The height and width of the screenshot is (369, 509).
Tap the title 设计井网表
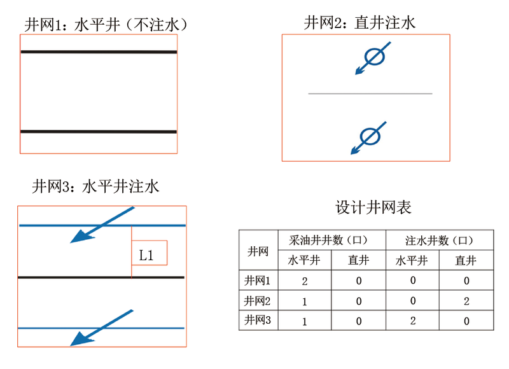pos(373,207)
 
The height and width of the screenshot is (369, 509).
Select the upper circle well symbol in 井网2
pos(374,57)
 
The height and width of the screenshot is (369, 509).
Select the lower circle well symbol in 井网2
pos(370,136)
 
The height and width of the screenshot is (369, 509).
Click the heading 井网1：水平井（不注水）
pos(106,25)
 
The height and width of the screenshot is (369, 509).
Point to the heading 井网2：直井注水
pos(359,23)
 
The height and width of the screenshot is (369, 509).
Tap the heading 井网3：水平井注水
pos(96,186)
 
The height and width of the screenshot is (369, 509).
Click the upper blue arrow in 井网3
pos(102,225)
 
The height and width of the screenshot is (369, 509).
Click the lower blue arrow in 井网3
pos(102,328)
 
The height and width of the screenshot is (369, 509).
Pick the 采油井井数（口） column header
pos(328,240)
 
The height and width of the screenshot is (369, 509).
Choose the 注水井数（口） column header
pos(439,240)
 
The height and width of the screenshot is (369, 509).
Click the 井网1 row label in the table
pos(258,281)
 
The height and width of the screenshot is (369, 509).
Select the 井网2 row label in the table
pos(258,301)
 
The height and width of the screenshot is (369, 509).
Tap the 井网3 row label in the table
pos(258,320)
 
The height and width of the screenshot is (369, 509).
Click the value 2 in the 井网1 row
pos(305,281)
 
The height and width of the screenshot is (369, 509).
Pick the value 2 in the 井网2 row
pos(466,301)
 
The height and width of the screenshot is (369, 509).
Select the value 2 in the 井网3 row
pos(413,321)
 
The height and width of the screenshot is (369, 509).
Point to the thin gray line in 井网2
pos(370,94)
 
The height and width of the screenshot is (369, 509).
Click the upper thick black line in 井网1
pos(99,52)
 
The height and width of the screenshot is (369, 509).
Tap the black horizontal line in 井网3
pos(101,277)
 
